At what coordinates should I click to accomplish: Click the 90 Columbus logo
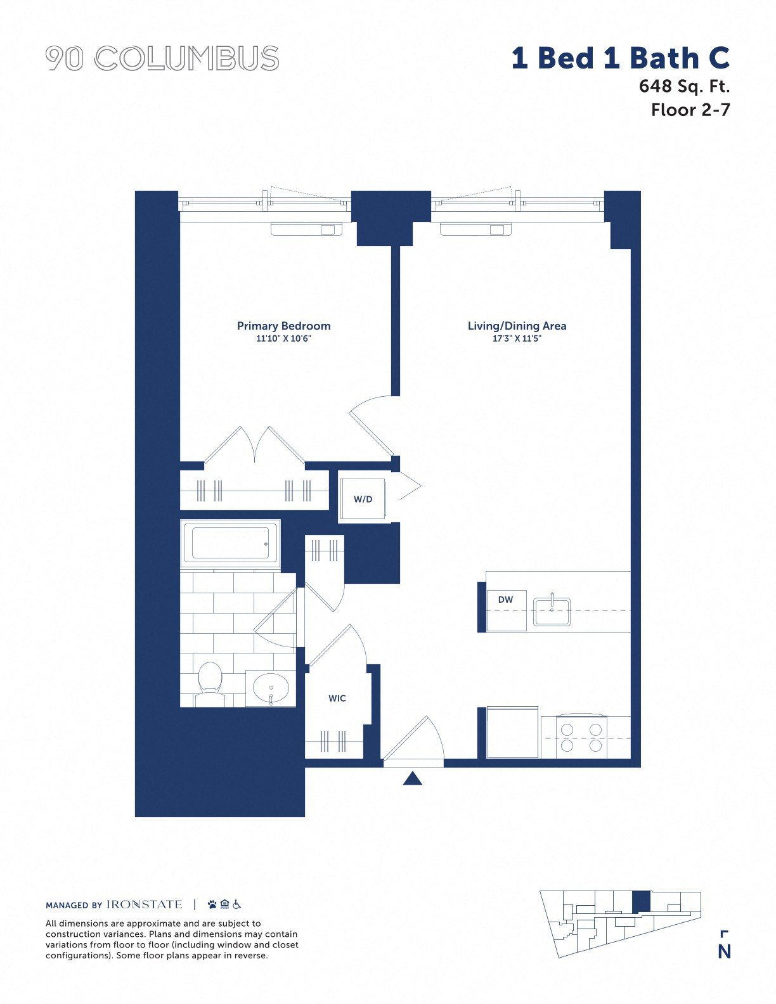[x=162, y=58]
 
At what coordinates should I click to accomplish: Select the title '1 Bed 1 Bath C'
[x=620, y=58]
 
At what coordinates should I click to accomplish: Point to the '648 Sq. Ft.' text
[x=684, y=86]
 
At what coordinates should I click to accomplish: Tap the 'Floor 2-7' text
[x=690, y=110]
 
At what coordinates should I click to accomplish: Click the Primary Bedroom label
[x=284, y=326]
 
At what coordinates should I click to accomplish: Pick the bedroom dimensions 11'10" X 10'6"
[x=284, y=338]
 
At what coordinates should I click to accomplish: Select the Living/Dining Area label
[x=517, y=326]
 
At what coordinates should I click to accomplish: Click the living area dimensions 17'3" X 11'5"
[x=517, y=338]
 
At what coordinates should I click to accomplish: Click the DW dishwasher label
[x=505, y=599]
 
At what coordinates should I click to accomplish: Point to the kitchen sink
[x=552, y=611]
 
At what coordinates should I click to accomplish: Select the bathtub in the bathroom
[x=230, y=544]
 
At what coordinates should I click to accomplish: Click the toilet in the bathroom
[x=210, y=685]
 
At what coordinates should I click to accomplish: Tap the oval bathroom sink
[x=271, y=688]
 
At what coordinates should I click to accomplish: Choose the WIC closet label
[x=337, y=698]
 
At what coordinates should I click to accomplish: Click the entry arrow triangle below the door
[x=412, y=778]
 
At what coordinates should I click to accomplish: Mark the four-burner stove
[x=581, y=737]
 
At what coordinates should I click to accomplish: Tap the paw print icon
[x=212, y=904]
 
